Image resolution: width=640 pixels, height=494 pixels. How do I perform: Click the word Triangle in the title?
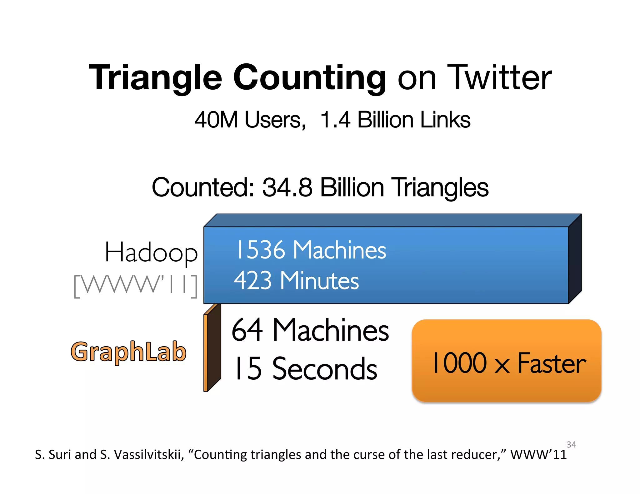tap(155, 78)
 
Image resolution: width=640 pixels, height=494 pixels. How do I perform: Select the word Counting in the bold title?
tap(309, 78)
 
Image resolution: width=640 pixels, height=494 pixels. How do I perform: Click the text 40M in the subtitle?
tap(216, 120)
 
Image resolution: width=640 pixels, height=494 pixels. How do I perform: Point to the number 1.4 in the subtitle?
tap(335, 120)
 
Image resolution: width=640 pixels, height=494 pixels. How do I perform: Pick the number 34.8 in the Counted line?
tap(287, 187)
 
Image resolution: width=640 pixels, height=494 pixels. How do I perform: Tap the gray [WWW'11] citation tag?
tap(136, 285)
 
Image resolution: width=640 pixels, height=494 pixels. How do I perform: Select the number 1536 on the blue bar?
tap(261, 250)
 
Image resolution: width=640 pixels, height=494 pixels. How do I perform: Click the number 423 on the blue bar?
tap(252, 280)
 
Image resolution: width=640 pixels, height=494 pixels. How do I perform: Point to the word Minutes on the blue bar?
tap(319, 280)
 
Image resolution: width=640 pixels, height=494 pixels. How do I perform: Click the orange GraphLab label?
tap(129, 352)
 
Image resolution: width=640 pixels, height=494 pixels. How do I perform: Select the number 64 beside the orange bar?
tap(247, 330)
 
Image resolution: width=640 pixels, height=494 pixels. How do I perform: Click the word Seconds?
tap(325, 369)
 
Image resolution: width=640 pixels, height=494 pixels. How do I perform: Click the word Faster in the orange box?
tap(552, 363)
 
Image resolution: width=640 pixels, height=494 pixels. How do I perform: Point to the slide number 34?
tap(571, 444)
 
